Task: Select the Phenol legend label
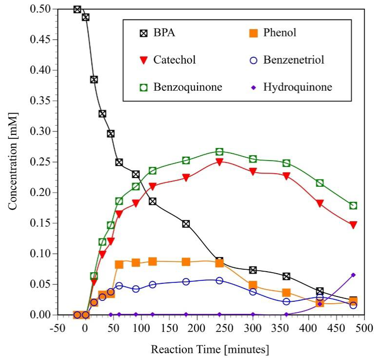[279, 33]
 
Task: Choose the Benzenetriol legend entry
[294, 60]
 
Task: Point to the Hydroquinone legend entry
[297, 87]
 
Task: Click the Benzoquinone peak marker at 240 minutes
[219, 152]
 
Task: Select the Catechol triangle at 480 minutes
[353, 225]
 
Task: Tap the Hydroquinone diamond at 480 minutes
[353, 275]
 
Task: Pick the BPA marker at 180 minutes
[186, 224]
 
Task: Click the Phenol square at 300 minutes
[253, 285]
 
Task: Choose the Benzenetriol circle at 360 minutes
[286, 301]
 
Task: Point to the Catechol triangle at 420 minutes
[320, 204]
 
